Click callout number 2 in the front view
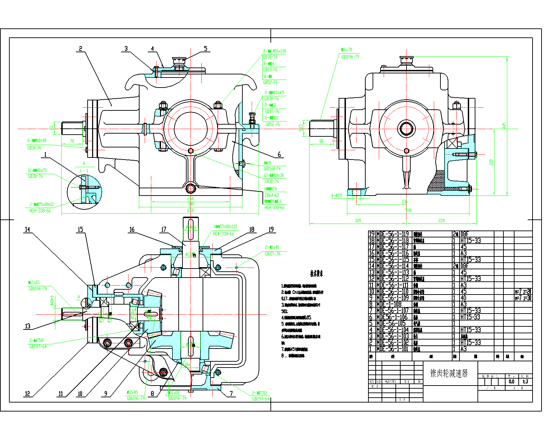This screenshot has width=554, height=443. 81,49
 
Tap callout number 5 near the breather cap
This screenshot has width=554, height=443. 206,49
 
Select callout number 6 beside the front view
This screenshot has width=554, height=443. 279,154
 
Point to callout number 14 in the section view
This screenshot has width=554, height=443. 27,229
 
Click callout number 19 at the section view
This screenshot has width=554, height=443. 271,229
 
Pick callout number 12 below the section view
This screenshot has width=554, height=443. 27,394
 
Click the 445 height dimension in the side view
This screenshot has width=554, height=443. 504,125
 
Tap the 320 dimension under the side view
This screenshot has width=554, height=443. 358,220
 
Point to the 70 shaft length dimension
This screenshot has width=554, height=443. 72,141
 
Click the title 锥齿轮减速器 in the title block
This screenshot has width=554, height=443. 449,373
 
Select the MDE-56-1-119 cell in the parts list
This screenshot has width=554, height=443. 392,234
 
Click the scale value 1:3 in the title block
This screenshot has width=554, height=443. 525,381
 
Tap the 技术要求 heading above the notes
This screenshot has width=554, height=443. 316,274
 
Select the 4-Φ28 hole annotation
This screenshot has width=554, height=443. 337,196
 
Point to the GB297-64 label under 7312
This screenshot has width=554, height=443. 260,399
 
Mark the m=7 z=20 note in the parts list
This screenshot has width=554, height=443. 523,291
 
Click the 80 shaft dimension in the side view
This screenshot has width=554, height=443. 321,141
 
